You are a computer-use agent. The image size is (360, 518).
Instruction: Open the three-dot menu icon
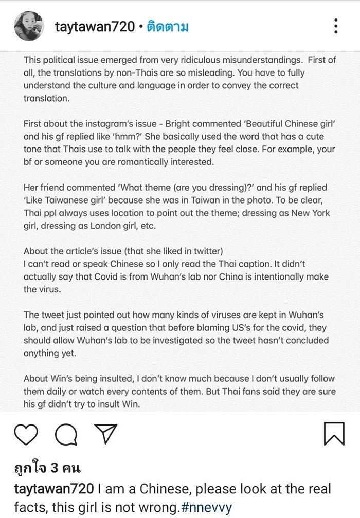point(335,26)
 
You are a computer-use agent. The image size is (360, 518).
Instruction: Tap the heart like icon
point(26,434)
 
